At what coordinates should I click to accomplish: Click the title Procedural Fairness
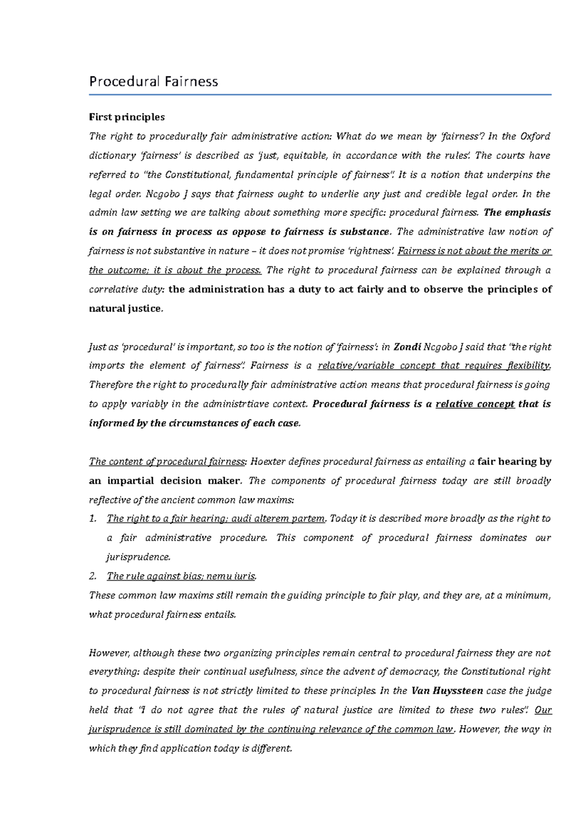click(153, 81)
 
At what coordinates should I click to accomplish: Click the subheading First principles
click(126, 117)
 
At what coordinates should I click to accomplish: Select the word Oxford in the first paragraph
click(535, 136)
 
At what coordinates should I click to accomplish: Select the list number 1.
click(93, 519)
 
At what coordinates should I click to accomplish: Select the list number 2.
click(93, 577)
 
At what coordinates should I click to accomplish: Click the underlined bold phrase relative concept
click(475, 404)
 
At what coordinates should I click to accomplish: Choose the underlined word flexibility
click(529, 366)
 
